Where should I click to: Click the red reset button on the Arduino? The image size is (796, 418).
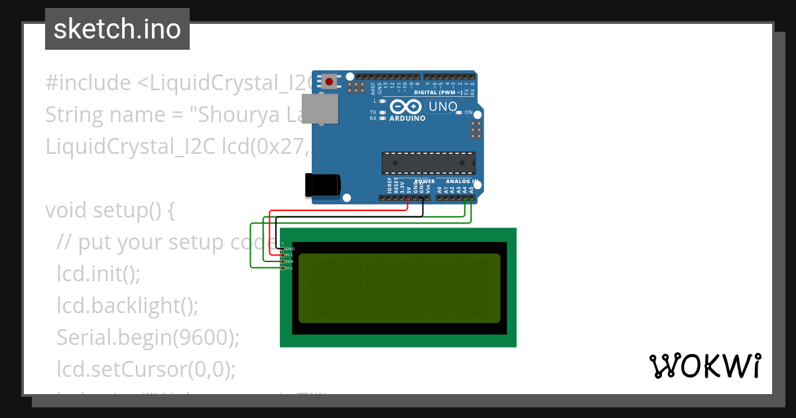tap(329, 82)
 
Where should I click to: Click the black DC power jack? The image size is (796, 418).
tap(322, 185)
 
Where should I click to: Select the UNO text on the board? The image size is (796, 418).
tap(443, 106)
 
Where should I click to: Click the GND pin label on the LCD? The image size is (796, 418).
tap(289, 248)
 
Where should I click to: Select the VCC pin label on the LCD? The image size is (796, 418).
tap(289, 255)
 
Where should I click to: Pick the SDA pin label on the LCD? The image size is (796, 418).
tap(289, 261)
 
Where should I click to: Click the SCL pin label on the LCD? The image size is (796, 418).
tap(289, 268)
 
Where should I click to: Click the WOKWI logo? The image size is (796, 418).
tap(704, 366)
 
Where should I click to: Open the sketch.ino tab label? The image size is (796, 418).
tap(117, 29)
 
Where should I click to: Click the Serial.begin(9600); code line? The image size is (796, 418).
tap(147, 337)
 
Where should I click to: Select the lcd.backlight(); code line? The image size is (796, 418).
tap(127, 305)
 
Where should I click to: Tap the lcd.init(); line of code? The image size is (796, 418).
tap(99, 273)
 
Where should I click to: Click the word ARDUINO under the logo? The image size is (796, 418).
tap(407, 118)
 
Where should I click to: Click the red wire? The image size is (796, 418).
tap(338, 211)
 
